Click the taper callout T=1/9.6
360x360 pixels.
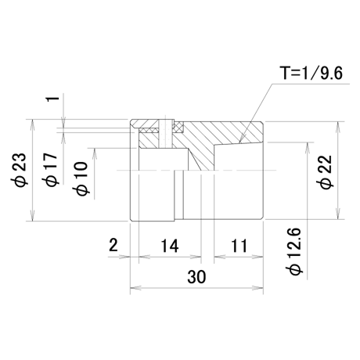(x=311, y=73)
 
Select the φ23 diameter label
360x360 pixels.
(x=19, y=170)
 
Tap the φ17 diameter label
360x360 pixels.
(x=49, y=170)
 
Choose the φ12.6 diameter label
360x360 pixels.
(x=297, y=251)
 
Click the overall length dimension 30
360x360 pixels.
(x=196, y=277)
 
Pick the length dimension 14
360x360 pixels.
(x=170, y=246)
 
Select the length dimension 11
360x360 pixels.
(x=239, y=246)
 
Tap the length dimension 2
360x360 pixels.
(x=113, y=246)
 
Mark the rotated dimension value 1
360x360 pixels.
(x=52, y=99)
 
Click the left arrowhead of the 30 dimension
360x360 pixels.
(x=135, y=288)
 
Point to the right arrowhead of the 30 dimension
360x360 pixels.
(x=257, y=288)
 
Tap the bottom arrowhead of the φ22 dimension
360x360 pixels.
(x=338, y=214)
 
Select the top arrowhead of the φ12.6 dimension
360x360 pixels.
(x=308, y=148)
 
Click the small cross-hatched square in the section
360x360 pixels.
(x=178, y=128)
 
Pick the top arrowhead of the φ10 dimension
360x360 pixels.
(x=95, y=153)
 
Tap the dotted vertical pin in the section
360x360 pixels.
(x=165, y=133)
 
